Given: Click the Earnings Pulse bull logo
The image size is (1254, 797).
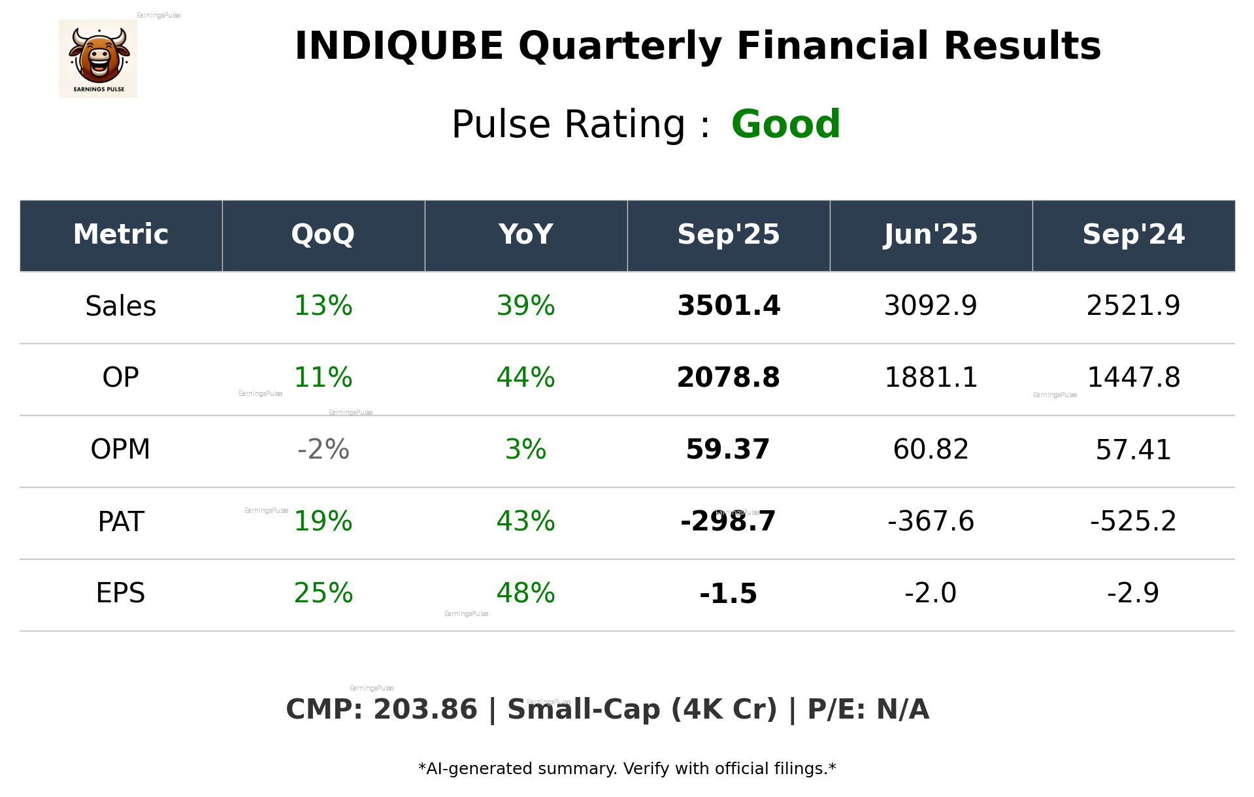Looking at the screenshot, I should (98, 59).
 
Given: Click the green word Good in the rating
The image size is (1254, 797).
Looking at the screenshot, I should (785, 124).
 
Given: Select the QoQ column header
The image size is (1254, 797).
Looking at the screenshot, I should (323, 235).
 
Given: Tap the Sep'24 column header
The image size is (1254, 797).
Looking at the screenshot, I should (1133, 235).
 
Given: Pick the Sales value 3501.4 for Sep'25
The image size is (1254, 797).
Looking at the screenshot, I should (729, 306).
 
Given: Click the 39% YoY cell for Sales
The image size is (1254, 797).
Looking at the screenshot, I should (525, 306).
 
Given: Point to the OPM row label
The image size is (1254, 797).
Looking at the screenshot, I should (120, 449).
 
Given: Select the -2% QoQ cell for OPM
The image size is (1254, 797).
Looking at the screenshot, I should (323, 449).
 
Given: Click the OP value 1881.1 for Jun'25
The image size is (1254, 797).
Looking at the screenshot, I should (931, 378).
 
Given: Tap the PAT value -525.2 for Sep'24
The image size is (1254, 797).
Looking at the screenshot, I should (1133, 521).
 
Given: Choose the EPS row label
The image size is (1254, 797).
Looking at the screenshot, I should (120, 593).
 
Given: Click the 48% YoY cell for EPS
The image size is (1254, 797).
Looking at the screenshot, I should (525, 593).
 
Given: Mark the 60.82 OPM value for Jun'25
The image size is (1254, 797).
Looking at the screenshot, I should (931, 449).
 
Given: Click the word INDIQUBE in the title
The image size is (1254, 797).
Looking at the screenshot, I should (399, 46).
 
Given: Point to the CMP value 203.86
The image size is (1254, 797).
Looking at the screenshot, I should (425, 709).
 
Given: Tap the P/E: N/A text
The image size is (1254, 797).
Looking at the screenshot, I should (868, 709).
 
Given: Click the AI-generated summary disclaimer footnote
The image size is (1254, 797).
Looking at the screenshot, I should (627, 769).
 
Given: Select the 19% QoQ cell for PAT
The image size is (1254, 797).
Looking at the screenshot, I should (323, 521).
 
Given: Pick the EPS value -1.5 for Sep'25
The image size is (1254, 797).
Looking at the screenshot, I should (728, 593).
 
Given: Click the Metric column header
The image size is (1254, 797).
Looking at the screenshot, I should (120, 235).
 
